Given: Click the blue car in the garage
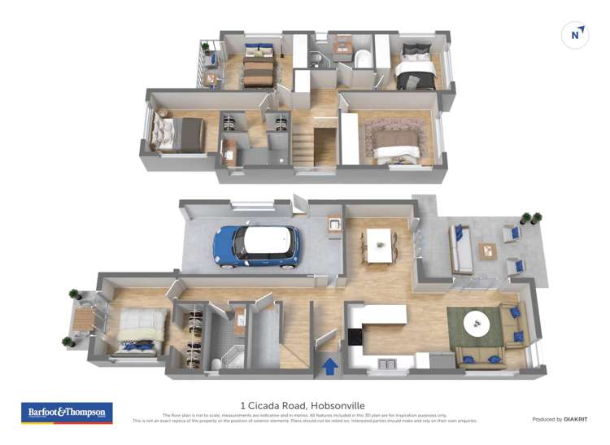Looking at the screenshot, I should coord(256,244).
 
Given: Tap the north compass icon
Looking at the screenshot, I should coord(575,35).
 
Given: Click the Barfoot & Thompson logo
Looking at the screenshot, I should coord(67,412).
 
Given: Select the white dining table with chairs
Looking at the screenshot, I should coord(380,244).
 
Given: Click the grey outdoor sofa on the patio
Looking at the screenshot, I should coord(460,249).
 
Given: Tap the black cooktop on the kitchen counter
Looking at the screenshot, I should coord(355,335).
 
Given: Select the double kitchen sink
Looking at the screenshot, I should coord(383,361).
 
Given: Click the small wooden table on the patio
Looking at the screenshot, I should coord(488,251).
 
